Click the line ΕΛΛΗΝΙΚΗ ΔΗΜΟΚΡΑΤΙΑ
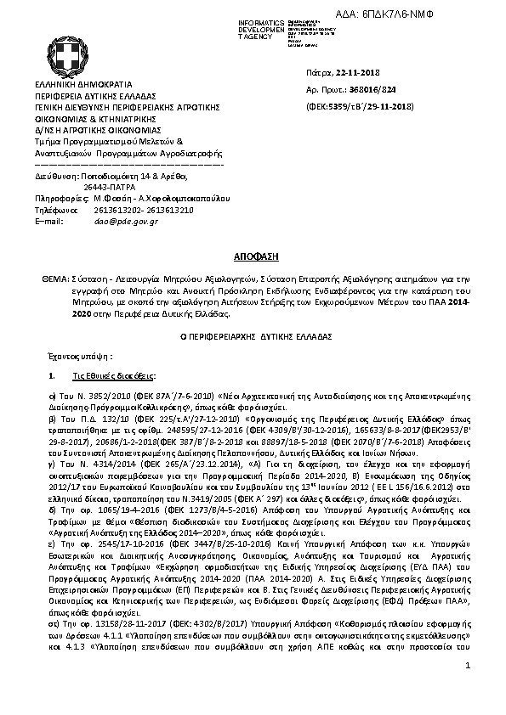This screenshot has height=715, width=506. pyautogui.click(x=83, y=87)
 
